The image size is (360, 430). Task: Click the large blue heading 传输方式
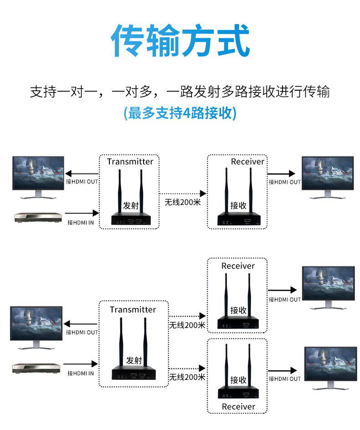coord(180,41)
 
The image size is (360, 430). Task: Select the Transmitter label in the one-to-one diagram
coord(130,162)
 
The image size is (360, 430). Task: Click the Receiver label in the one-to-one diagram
coord(247,162)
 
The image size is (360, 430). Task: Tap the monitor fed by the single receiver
coord(327,177)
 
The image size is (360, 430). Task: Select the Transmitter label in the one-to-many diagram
coord(133,310)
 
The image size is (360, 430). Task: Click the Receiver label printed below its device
coord(238,406)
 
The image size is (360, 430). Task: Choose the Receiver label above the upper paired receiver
coord(238,266)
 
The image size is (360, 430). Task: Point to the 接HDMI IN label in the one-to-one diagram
coord(81,223)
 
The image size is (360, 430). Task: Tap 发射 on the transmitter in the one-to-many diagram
coord(134,360)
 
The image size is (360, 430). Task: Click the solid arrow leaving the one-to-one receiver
coord(282,174)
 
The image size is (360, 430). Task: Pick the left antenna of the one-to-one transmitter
coord(120,187)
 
